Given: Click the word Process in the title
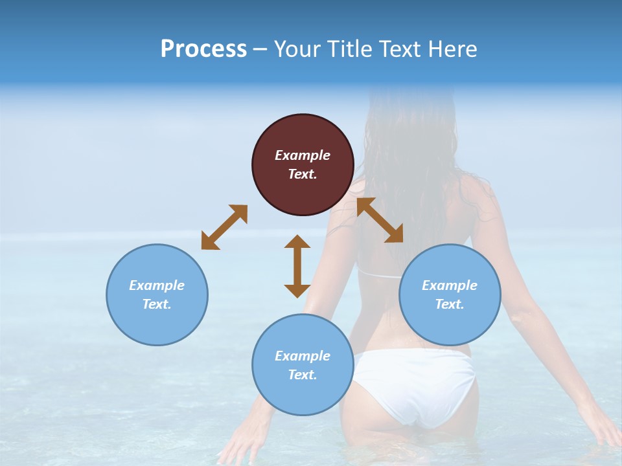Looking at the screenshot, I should point(203,49).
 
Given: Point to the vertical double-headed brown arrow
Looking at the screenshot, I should point(297,266).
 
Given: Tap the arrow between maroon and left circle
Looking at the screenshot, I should point(224,227).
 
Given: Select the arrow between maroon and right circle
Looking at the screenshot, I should point(380,220).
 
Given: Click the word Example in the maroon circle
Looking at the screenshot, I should point(303,155).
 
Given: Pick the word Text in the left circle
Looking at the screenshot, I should point(156,304).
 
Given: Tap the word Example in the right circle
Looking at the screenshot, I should point(450,285).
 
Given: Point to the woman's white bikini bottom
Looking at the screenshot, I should point(415,385).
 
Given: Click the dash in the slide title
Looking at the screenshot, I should point(260,49).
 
